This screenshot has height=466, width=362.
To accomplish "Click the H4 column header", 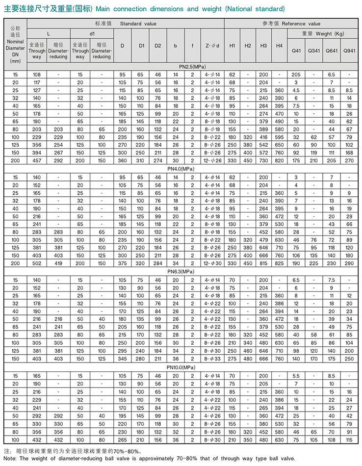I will [279, 46].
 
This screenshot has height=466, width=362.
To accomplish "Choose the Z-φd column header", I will [211, 46].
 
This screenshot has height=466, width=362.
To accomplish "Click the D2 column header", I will [158, 46].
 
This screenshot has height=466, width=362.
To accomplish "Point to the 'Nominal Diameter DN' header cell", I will [15, 45].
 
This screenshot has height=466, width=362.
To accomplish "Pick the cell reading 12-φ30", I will [212, 263].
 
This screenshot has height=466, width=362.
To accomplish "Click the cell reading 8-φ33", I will [212, 359].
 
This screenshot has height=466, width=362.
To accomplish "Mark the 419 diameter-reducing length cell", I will [58, 263].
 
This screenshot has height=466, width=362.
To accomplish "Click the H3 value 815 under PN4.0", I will [263, 263].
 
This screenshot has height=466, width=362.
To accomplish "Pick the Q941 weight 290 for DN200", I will [349, 263].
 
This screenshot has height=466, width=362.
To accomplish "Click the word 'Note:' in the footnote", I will [11, 458].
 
